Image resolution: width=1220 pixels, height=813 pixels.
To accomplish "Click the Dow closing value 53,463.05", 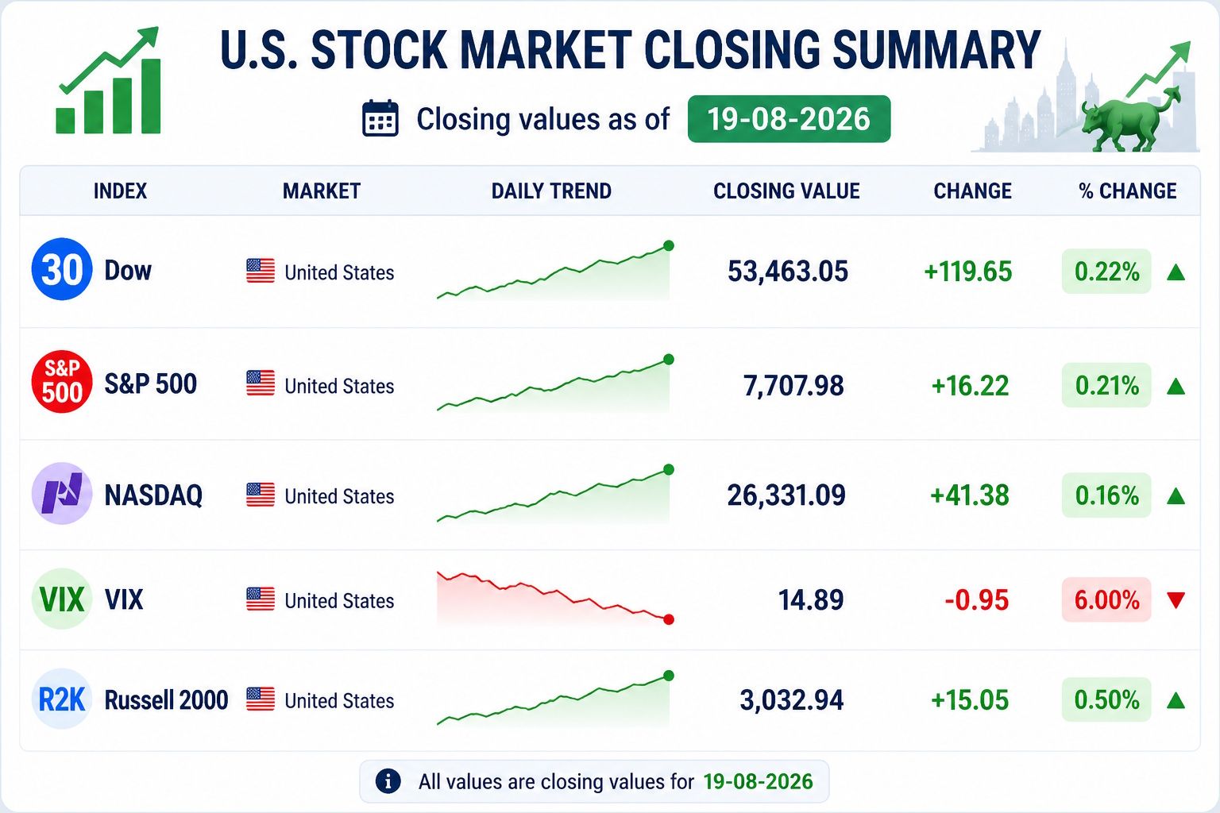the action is pyautogui.click(x=788, y=272).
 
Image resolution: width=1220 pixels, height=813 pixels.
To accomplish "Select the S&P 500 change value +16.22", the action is pyautogui.click(x=970, y=386).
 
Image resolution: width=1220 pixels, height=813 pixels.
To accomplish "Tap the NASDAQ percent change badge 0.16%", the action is pyautogui.click(x=1106, y=495).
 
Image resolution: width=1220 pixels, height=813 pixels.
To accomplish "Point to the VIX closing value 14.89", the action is pyautogui.click(x=811, y=600).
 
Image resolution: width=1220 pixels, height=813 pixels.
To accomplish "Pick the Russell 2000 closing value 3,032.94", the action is pyautogui.click(x=791, y=700).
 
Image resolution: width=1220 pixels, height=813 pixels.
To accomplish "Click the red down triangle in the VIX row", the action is pyautogui.click(x=1176, y=600).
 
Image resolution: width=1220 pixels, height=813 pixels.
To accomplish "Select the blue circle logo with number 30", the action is pyautogui.click(x=61, y=269).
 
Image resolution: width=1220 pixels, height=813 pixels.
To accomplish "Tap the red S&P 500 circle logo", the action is pyautogui.click(x=61, y=381).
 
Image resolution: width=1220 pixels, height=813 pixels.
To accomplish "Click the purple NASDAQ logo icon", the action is pyautogui.click(x=61, y=493).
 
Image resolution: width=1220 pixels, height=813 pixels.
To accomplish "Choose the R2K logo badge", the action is pyautogui.click(x=61, y=699).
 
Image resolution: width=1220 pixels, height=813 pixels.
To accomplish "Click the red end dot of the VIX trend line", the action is pyautogui.click(x=669, y=619).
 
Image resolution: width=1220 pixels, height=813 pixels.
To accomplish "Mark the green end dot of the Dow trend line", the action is pyautogui.click(x=669, y=245).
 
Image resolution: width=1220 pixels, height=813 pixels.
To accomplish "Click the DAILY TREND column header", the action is pyautogui.click(x=551, y=191).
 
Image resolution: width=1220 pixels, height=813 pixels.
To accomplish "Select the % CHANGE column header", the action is pyautogui.click(x=1127, y=191).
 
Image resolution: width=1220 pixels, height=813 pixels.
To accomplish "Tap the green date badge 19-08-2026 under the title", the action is pyautogui.click(x=790, y=119).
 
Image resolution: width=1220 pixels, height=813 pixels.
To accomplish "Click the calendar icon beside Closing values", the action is pyautogui.click(x=380, y=118).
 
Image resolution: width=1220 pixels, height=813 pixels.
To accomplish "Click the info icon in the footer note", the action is pyautogui.click(x=388, y=781).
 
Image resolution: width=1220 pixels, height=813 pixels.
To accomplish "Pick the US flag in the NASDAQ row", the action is pyautogui.click(x=261, y=495).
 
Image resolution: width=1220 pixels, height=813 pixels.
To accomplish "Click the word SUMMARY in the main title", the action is pyautogui.click(x=936, y=50).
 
